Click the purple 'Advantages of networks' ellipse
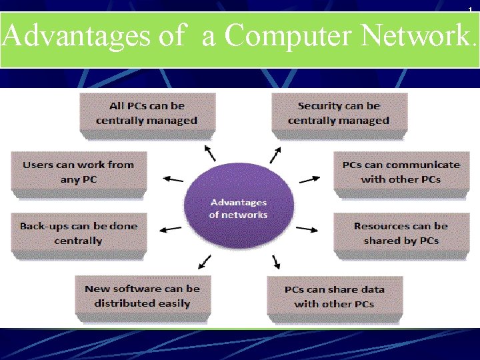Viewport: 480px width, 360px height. click(238, 209)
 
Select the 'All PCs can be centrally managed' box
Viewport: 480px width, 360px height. click(147, 113)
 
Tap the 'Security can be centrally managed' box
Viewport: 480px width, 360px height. click(339, 113)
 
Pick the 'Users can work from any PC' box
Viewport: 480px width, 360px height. click(79, 172)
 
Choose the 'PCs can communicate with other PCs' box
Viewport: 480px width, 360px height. click(401, 172)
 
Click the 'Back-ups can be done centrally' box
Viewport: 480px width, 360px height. click(79, 233)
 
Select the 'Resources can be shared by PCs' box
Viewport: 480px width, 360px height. click(401, 233)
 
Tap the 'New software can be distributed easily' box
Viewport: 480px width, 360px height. click(142, 296)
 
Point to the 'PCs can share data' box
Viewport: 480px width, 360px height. click(334, 296)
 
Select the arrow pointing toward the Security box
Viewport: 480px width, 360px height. click(275, 155)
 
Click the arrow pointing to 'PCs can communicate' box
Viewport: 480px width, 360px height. click(309, 179)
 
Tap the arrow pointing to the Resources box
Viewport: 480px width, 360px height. click(308, 229)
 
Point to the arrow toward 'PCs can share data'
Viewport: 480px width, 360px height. click(275, 261)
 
